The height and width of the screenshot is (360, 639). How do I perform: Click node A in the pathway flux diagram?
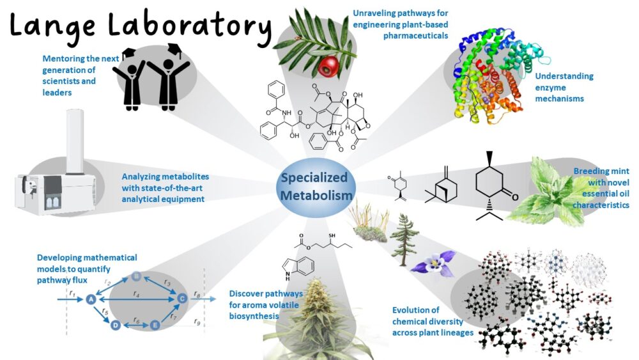91,299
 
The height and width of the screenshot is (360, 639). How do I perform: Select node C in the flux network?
181,298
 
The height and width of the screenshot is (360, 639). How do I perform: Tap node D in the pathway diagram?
116,325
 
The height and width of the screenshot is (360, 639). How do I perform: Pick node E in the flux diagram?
155,325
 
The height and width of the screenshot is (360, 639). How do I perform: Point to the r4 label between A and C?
136,294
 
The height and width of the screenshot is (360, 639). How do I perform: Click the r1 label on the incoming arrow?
72,293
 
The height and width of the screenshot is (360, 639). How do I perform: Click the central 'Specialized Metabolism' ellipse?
314,185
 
